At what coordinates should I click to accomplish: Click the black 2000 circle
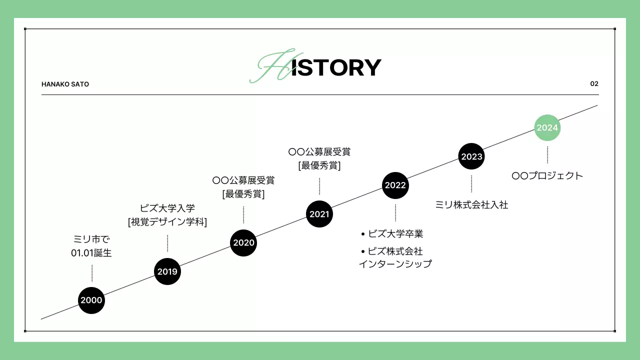(91, 300)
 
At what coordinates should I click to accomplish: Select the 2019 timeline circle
(167, 271)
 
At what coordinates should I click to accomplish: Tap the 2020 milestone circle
(243, 243)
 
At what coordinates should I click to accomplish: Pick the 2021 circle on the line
(319, 214)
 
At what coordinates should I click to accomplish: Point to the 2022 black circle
(395, 185)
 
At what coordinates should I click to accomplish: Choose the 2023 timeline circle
(471, 156)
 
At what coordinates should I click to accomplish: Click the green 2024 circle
(547, 127)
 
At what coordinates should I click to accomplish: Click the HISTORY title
(320, 67)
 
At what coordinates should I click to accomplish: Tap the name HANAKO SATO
(65, 84)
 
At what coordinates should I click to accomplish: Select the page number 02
(594, 83)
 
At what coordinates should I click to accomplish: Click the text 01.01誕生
(91, 253)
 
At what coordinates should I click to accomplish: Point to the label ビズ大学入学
(167, 208)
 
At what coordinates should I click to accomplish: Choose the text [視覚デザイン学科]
(167, 222)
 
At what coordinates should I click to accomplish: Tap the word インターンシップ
(395, 264)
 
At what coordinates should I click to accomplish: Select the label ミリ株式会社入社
(471, 204)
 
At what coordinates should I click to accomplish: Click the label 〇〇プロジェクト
(547, 176)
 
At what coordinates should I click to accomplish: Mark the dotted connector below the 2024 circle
(547, 154)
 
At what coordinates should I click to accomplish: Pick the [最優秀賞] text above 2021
(319, 165)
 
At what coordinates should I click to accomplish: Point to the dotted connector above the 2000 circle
(92, 273)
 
